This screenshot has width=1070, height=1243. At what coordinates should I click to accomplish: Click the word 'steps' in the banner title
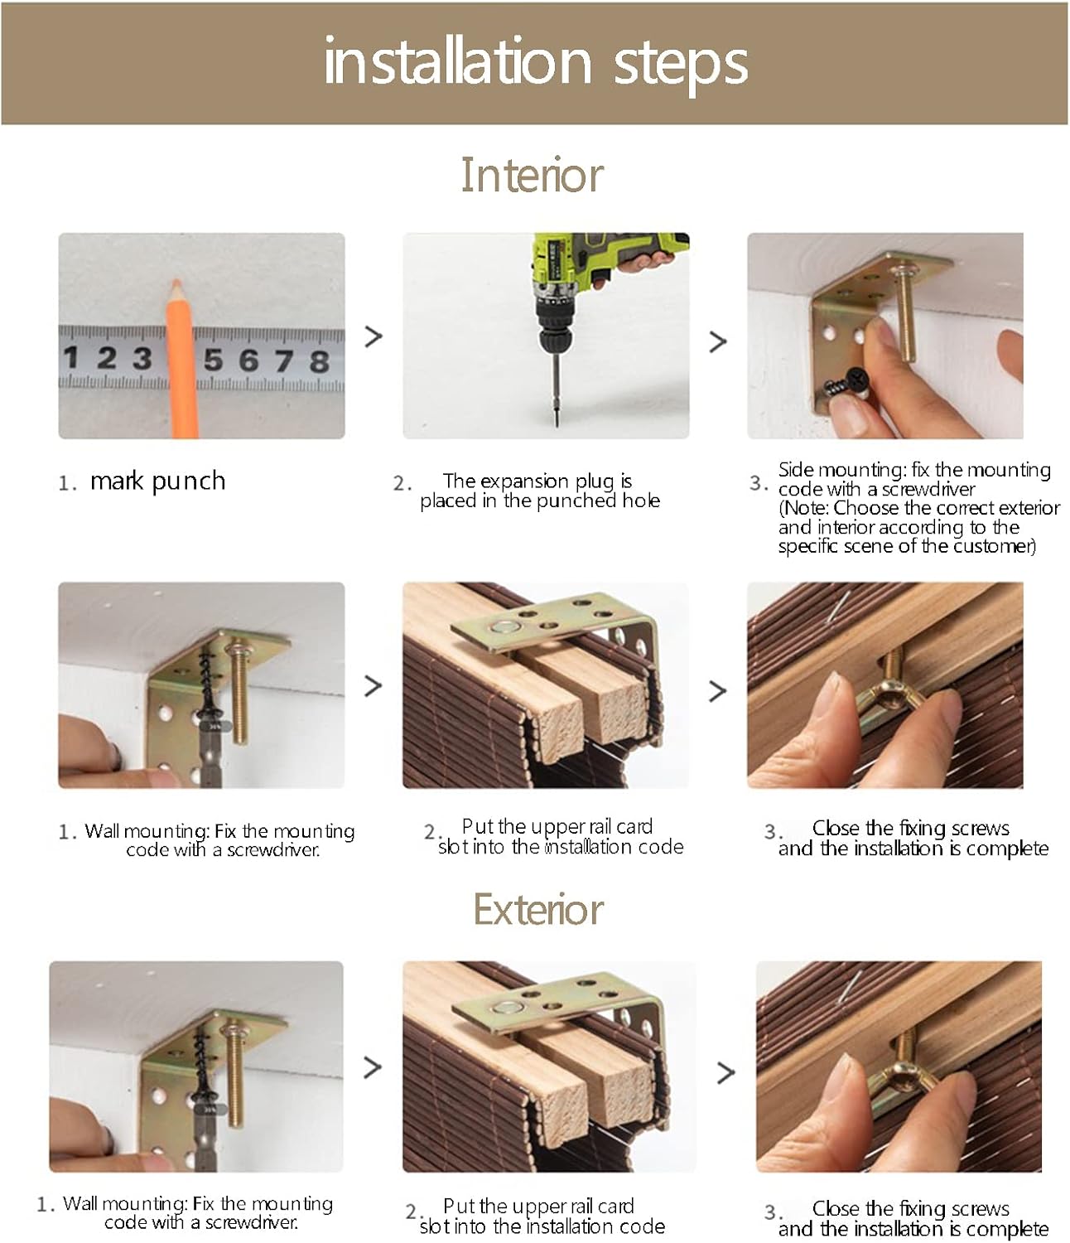coord(680,65)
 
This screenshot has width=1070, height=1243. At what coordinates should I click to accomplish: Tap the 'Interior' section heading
coord(532,175)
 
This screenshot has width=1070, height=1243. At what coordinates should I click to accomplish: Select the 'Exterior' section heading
coord(538,909)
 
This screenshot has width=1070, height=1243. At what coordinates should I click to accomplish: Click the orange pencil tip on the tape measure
coord(176,284)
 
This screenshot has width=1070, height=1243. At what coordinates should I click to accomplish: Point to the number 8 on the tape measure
coord(319,361)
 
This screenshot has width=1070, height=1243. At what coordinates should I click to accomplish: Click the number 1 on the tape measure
coord(71,357)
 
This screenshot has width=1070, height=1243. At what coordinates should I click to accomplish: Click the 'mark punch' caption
coord(157,481)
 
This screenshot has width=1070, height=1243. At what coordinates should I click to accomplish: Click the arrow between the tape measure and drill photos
coord(374,336)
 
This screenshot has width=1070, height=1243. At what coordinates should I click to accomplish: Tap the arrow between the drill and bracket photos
coord(718,341)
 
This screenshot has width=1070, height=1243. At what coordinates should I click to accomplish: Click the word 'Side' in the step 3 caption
coord(797,470)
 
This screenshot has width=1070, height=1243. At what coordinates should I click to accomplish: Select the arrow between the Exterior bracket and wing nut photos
coord(726,1072)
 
